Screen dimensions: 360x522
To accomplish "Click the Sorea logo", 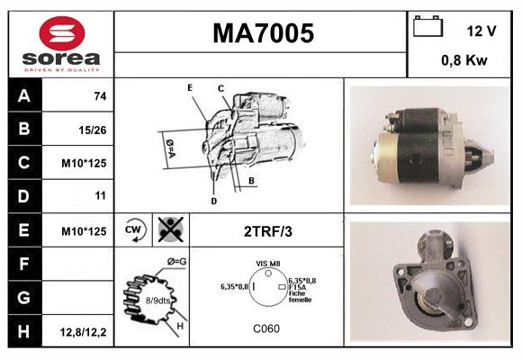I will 60,44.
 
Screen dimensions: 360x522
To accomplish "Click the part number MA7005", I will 263,34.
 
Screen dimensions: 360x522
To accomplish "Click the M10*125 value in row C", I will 85,164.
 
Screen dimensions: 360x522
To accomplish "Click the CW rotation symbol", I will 134,229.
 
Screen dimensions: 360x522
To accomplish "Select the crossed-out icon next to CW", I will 168,229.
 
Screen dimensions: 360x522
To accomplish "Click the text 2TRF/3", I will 267,231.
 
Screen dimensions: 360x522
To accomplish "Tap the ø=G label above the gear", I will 176,262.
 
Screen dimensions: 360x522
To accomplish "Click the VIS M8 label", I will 267,263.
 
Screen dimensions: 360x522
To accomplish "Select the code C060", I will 265,328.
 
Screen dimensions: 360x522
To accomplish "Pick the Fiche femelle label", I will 300,297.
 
